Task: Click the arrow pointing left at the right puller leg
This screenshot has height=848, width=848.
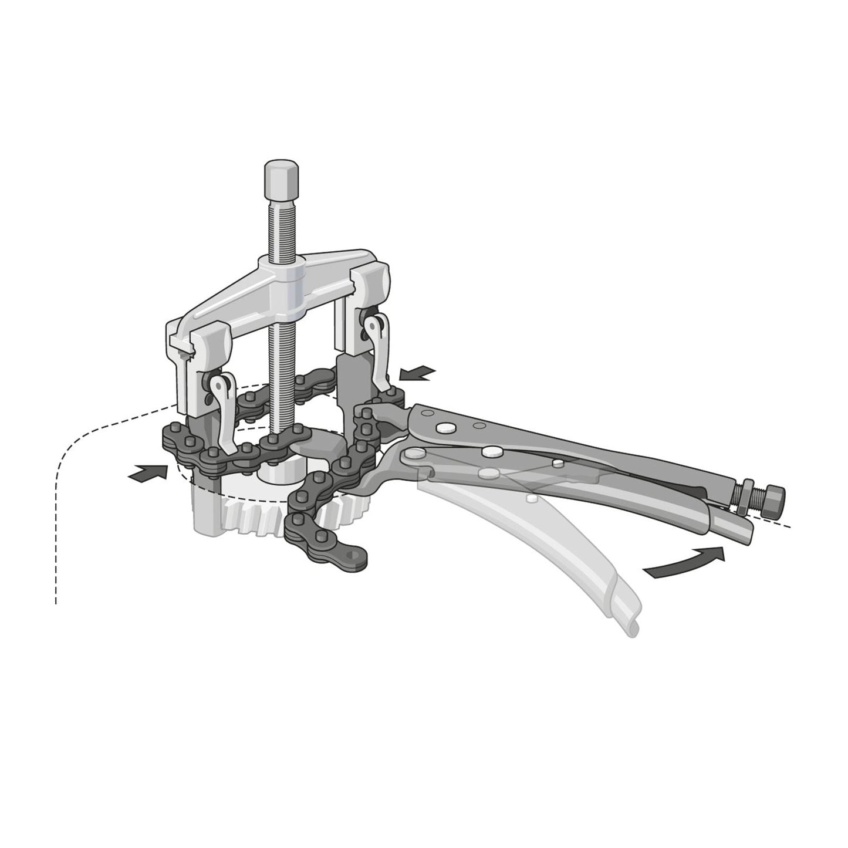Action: point(417,372)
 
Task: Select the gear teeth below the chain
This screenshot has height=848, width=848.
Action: point(252,516)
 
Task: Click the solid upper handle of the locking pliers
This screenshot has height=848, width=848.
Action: point(587,452)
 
